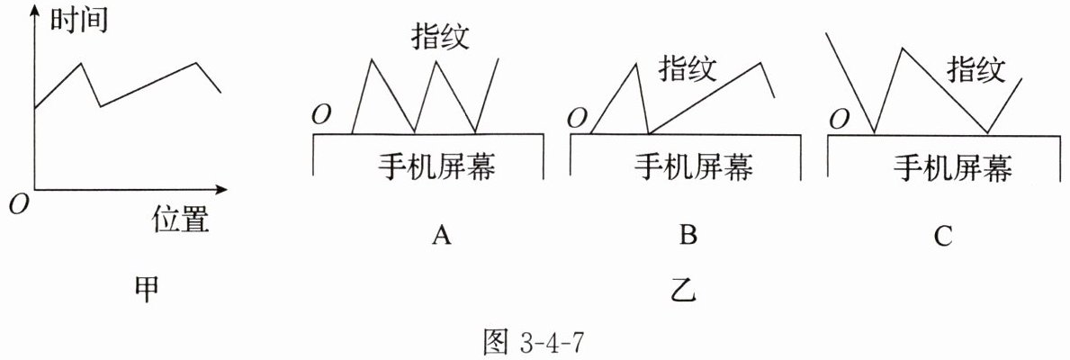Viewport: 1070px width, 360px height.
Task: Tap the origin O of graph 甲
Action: (15, 205)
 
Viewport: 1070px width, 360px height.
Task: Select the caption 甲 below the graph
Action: (145, 287)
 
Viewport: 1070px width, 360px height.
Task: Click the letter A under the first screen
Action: (440, 236)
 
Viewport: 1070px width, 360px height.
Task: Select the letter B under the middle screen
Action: (688, 236)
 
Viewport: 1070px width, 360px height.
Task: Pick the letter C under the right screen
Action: (942, 236)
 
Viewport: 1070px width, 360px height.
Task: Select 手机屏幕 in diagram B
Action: (693, 167)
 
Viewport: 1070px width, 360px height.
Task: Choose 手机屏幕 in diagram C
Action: (952, 167)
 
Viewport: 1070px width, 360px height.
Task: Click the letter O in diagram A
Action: (321, 115)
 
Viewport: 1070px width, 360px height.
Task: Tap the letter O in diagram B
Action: (579, 118)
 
